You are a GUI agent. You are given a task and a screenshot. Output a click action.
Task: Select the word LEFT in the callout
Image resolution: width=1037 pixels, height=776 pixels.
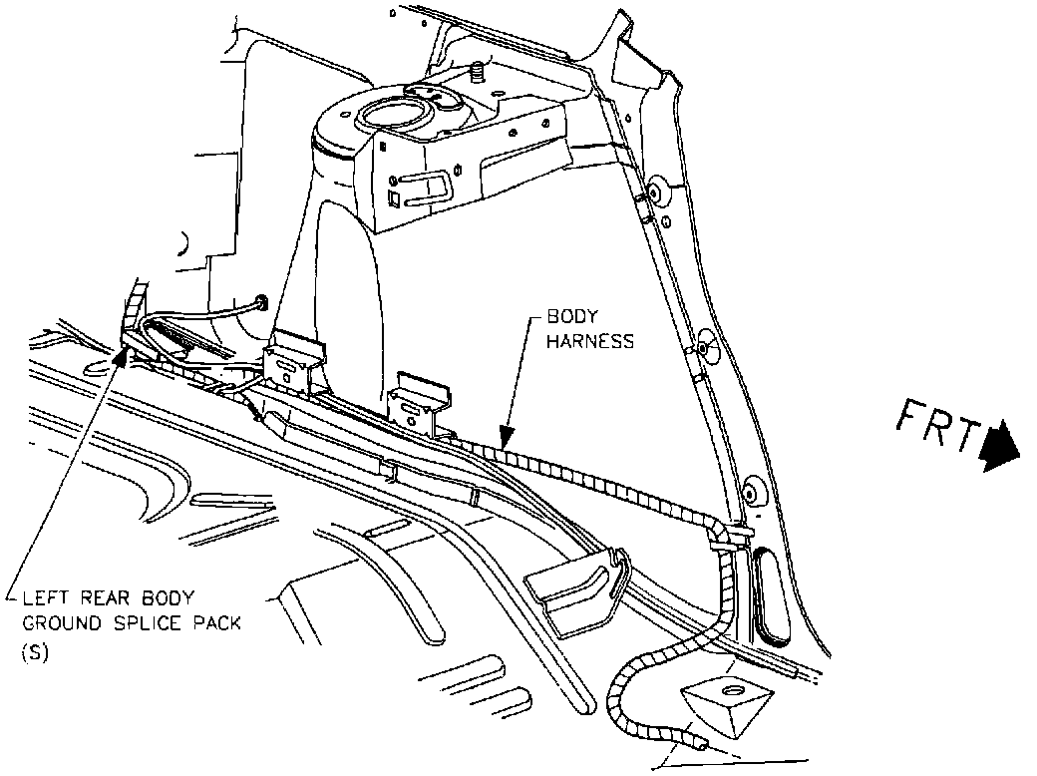(43, 598)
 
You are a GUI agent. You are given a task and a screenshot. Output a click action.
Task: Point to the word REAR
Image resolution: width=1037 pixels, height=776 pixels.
(101, 598)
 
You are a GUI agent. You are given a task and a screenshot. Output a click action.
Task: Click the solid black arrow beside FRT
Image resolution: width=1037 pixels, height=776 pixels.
(1000, 445)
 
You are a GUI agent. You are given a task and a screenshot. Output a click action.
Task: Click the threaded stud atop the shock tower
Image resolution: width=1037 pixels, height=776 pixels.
(476, 72)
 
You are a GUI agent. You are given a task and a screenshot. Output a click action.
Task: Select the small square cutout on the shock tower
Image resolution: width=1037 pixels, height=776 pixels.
(395, 197)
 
